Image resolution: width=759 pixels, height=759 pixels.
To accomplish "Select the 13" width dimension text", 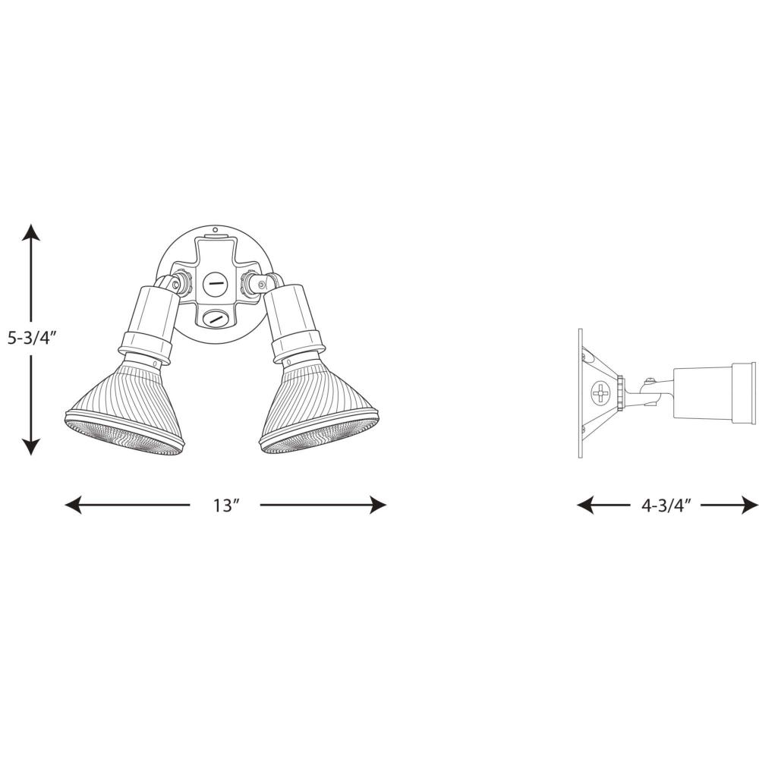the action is pyautogui.click(x=226, y=505).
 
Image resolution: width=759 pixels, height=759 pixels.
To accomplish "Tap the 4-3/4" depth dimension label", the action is pyautogui.click(x=666, y=505).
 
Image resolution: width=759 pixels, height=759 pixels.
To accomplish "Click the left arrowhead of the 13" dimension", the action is pyautogui.click(x=73, y=505).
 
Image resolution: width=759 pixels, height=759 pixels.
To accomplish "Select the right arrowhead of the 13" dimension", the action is pyautogui.click(x=378, y=505).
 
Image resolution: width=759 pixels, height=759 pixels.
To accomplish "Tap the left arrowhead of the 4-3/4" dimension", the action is pyautogui.click(x=585, y=505).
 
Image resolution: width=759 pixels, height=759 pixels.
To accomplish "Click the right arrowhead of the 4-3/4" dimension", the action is pyautogui.click(x=751, y=505).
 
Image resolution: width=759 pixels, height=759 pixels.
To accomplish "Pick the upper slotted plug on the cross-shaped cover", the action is pyautogui.click(x=214, y=282).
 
